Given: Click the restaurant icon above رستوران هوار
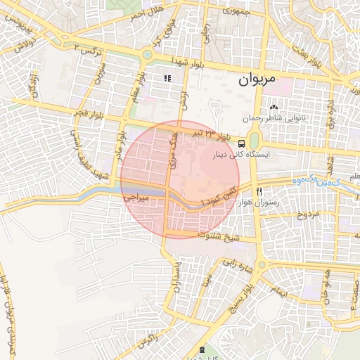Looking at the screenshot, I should point(259,191).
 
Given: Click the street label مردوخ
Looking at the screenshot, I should point(306,213).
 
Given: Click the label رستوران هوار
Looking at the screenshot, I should point(280,202).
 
